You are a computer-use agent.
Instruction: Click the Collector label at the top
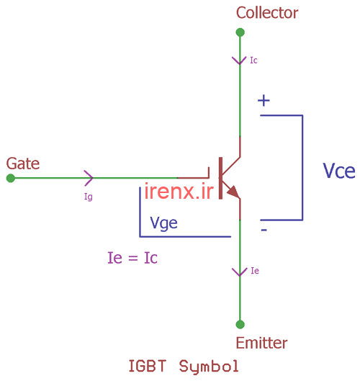(x=266, y=13)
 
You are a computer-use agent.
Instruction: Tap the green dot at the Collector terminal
(x=240, y=32)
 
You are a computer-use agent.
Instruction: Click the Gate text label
(x=23, y=163)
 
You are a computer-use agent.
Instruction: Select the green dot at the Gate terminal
(x=10, y=178)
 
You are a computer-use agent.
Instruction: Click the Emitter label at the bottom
(x=261, y=343)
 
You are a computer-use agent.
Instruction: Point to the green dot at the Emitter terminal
(x=240, y=324)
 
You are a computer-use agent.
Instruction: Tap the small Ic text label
(x=253, y=60)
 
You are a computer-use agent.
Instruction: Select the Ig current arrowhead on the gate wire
(x=89, y=177)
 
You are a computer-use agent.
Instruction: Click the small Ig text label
(x=89, y=196)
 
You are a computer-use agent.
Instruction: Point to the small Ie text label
(x=254, y=272)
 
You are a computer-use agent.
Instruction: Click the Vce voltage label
(x=338, y=171)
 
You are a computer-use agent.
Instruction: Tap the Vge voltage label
(x=163, y=223)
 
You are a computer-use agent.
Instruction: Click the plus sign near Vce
(x=264, y=101)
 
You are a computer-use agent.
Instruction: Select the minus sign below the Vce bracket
(x=264, y=230)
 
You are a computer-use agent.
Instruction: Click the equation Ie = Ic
(x=132, y=257)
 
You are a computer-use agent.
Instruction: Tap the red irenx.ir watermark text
(x=179, y=192)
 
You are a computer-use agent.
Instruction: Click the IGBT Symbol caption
(x=183, y=366)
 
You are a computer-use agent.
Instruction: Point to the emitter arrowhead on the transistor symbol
(x=233, y=192)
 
